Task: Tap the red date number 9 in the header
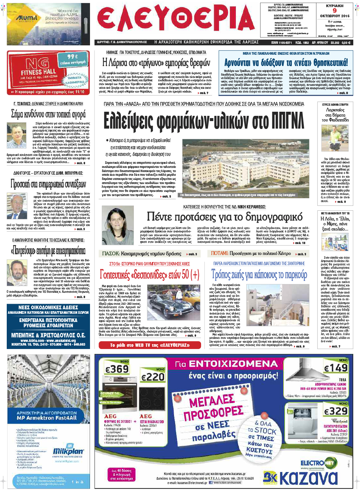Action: coord(334,11)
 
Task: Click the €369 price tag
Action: coord(117,369)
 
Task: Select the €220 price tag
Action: coord(153,376)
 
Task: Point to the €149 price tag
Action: coord(335,368)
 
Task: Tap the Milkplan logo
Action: coord(68,451)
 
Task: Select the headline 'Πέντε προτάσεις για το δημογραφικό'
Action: coord(224,217)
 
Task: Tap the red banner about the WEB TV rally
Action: coord(150,345)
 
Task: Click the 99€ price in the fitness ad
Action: coord(72,56)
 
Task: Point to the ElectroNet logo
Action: coord(317,463)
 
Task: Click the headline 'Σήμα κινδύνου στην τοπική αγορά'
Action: coord(48,114)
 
